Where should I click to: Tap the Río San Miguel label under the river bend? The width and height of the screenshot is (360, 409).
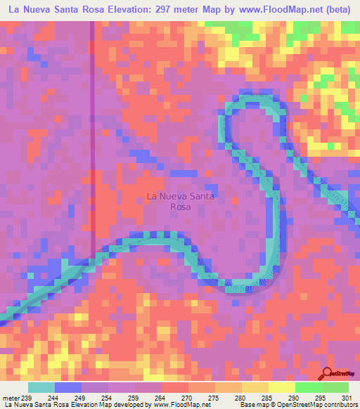click(x=251, y=282)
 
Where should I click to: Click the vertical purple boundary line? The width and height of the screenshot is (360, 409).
click(x=93, y=141)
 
